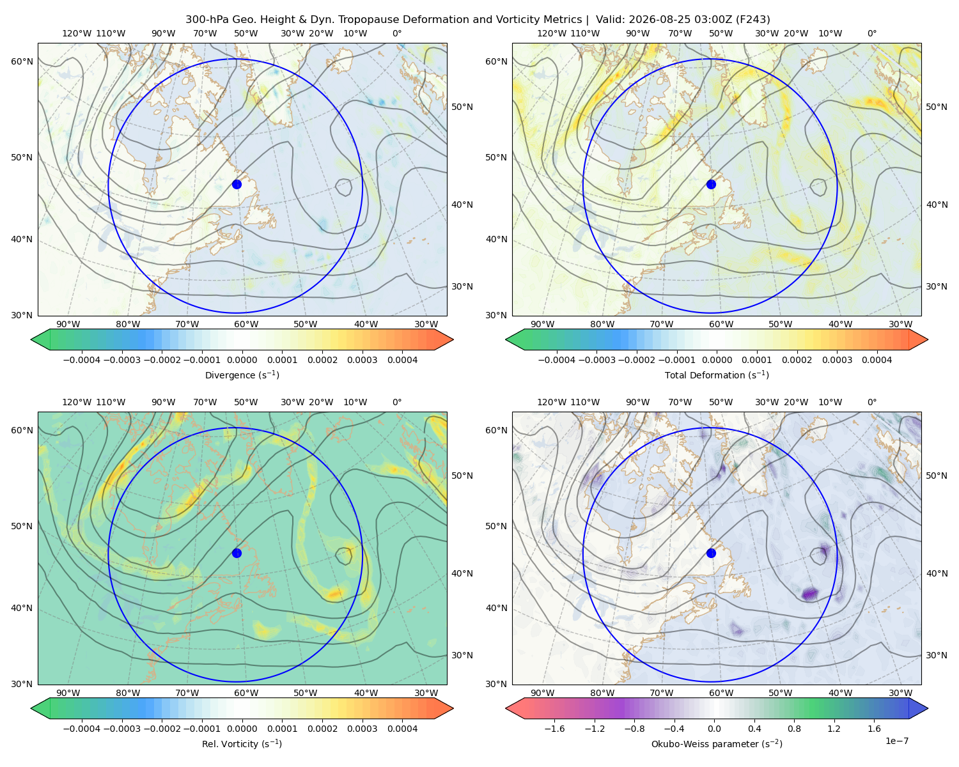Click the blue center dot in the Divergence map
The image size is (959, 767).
pyautogui.click(x=237, y=184)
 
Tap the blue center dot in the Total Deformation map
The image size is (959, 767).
pyautogui.click(x=711, y=184)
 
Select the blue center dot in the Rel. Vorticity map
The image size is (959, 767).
pyautogui.click(x=237, y=553)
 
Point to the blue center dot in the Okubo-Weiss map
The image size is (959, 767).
pyautogui.click(x=711, y=553)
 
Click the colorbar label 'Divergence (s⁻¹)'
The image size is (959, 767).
pyautogui.click(x=242, y=375)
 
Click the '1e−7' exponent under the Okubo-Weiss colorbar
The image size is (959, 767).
pyautogui.click(x=896, y=741)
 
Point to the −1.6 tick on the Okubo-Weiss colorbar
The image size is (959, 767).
pyautogui.click(x=554, y=728)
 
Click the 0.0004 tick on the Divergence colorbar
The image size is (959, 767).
pyautogui.click(x=402, y=360)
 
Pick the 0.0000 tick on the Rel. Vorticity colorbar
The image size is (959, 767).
pyautogui.click(x=242, y=728)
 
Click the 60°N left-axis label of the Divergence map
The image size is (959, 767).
pyautogui.click(x=22, y=61)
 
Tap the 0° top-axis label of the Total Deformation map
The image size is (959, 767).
pyautogui.click(x=871, y=33)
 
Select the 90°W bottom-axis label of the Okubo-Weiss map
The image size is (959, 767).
pyautogui.click(x=542, y=693)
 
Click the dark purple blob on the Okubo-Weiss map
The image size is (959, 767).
pyautogui.click(x=810, y=593)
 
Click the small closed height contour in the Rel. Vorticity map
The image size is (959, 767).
pyautogui.click(x=343, y=555)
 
